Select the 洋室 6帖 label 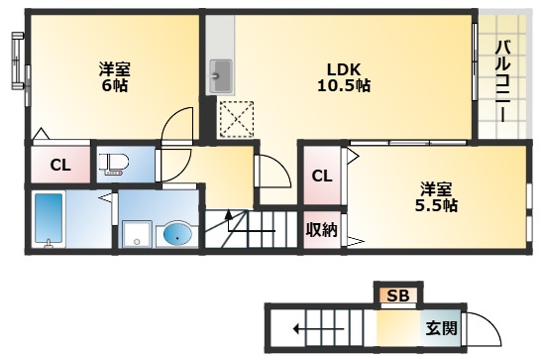(114, 77)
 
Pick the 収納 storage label (320, 231)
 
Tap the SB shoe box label (397, 296)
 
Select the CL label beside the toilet (59, 165)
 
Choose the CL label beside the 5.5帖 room (321, 177)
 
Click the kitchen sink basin (221, 74)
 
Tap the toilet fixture (114, 164)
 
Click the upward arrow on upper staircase (231, 218)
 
